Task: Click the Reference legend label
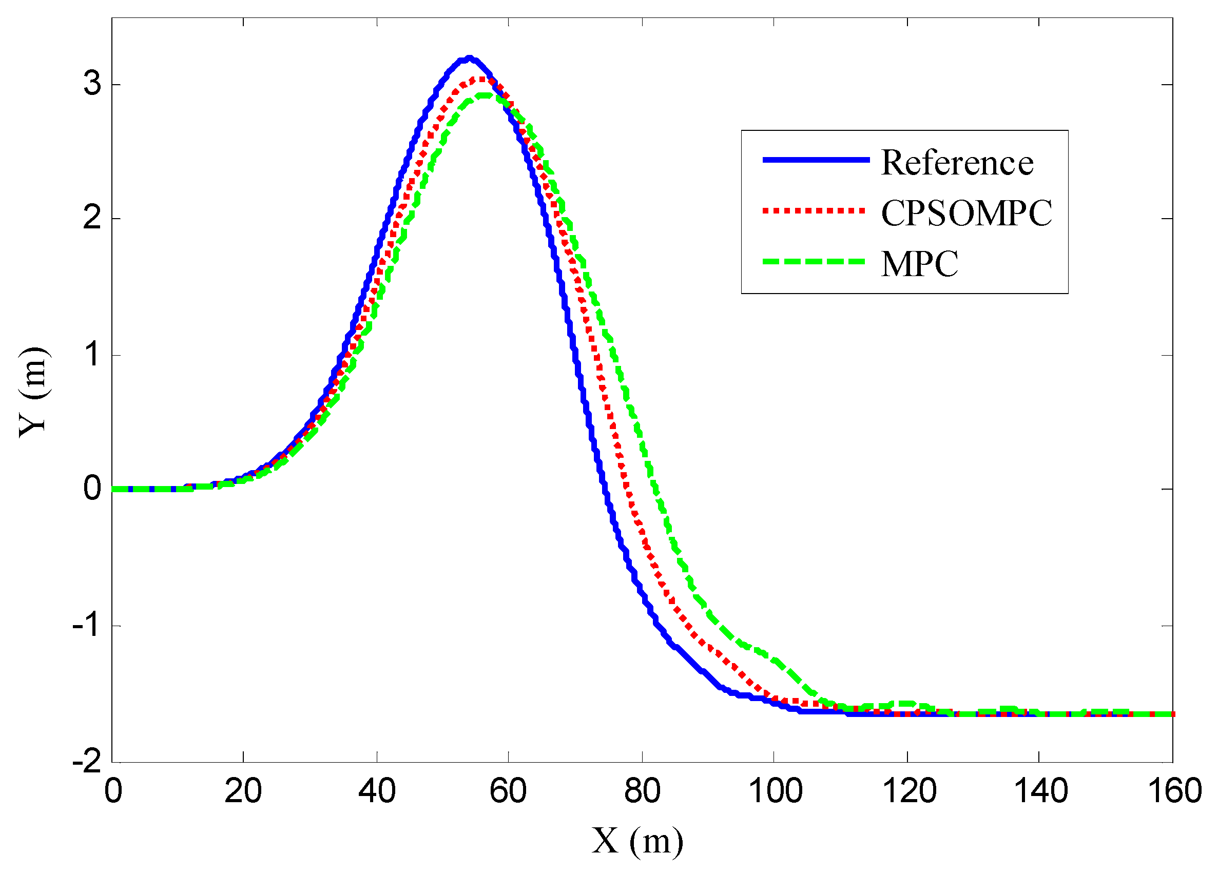[x=957, y=163]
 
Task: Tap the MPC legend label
[x=919, y=264]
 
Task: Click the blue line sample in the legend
[x=816, y=160]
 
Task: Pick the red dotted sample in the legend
[x=814, y=211]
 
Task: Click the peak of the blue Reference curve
[x=469, y=58]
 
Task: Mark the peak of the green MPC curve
[x=485, y=95]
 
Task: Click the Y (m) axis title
[x=34, y=393]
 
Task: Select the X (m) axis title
[x=637, y=841]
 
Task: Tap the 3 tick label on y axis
[x=92, y=84]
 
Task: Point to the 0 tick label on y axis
[x=92, y=489]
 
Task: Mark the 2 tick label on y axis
[x=92, y=219]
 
